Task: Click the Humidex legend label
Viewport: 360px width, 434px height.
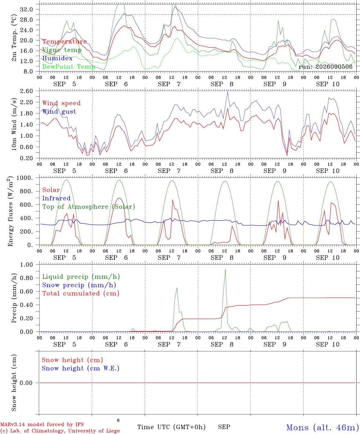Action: (x=57, y=58)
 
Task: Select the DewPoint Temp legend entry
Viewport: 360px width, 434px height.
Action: (x=69, y=67)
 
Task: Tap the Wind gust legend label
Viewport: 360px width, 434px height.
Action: (x=59, y=112)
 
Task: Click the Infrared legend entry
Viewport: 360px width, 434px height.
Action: (x=56, y=198)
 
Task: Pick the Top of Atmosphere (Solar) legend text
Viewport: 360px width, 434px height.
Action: (x=89, y=207)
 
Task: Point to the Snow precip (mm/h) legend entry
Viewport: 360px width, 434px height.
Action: (x=79, y=285)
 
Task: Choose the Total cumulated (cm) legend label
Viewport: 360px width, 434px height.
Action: (x=81, y=294)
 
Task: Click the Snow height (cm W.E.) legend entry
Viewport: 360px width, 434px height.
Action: (x=81, y=368)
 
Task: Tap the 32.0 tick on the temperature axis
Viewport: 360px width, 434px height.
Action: (x=27, y=9)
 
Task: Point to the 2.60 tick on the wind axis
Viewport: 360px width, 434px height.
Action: (x=27, y=91)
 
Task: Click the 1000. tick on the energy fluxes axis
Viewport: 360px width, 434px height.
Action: (x=25, y=178)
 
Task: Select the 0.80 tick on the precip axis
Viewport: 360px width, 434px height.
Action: (x=27, y=278)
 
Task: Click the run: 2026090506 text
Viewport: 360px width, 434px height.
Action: (x=325, y=67)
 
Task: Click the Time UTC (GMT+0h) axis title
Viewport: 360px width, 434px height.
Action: (x=171, y=427)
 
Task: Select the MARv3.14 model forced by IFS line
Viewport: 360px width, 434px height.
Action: (x=42, y=424)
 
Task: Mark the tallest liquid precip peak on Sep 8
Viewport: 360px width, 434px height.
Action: (x=225, y=269)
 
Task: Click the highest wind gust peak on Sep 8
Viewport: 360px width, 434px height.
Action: (x=228, y=92)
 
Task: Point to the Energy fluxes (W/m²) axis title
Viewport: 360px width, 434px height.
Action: (x=10, y=211)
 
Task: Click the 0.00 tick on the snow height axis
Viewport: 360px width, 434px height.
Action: (x=26, y=383)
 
